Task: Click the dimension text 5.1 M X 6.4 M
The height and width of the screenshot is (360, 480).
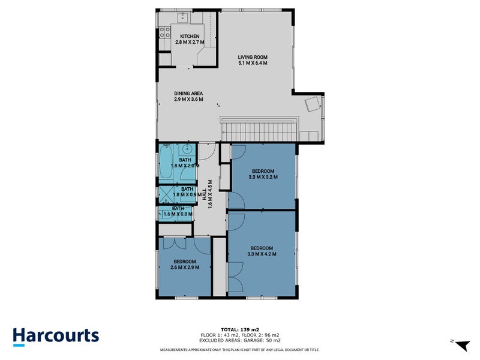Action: [252, 62]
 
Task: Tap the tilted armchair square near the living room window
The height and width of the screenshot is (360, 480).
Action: [312, 105]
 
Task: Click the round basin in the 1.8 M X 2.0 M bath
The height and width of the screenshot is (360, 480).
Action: [188, 149]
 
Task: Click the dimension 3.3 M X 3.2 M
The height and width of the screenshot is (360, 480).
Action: [263, 176]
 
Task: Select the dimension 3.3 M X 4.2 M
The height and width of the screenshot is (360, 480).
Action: [262, 254]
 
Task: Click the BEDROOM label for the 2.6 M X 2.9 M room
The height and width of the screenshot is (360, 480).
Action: [185, 261]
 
